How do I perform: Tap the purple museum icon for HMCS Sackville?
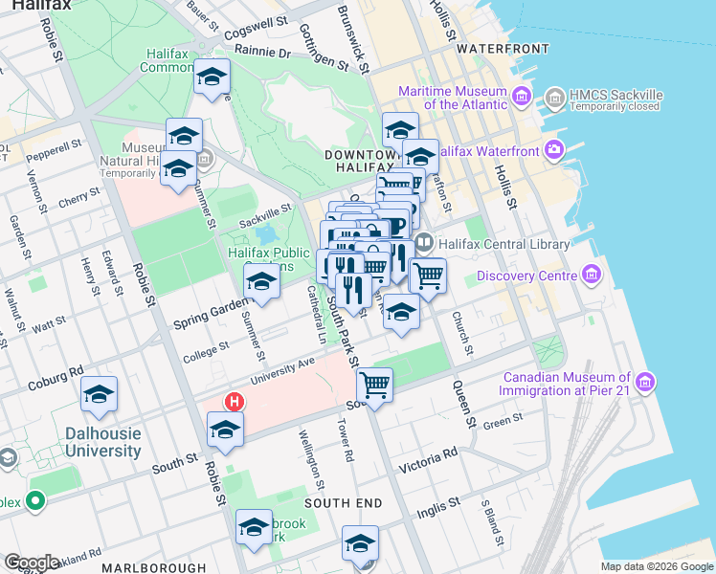[x=553, y=98]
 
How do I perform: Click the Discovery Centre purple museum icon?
[x=591, y=276]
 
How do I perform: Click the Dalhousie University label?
[x=98, y=442]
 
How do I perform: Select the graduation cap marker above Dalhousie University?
[x=99, y=395]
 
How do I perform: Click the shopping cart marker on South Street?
[x=374, y=386]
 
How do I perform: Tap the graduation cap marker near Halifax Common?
[x=212, y=77]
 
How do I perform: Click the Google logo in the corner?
[x=31, y=562]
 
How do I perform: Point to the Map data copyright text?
[x=656, y=566]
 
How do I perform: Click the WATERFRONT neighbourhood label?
[x=494, y=48]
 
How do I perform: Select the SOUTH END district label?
[x=344, y=503]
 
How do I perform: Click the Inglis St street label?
[x=441, y=507]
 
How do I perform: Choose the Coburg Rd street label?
[x=56, y=370]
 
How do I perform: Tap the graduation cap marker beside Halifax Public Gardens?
[x=260, y=282]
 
